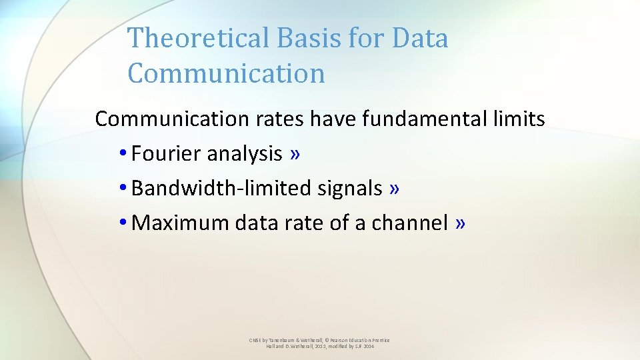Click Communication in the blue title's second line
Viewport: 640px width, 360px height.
(226, 73)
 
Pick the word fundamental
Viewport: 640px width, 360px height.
(424, 119)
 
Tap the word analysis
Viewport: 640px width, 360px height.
(245, 154)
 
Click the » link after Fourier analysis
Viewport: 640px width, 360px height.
(295, 154)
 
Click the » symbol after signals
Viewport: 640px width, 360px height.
(395, 189)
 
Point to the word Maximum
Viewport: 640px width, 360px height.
(181, 223)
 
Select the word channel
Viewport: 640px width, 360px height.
(409, 223)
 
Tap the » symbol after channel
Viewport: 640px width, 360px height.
(460, 223)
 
